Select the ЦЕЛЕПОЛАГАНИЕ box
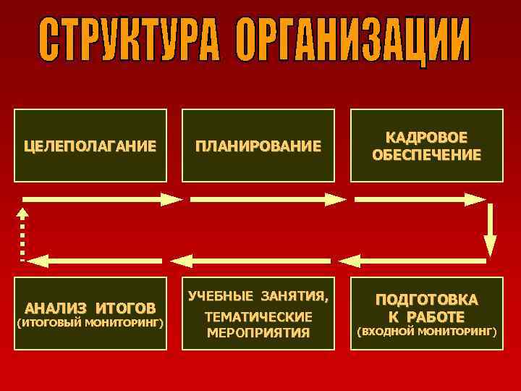click(90, 146)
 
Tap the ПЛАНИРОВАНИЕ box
click(258, 146)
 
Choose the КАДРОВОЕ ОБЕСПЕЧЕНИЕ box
click(426, 146)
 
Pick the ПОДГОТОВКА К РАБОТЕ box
click(426, 313)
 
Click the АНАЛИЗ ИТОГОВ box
click(90, 313)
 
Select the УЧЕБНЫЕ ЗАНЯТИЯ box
click(258, 313)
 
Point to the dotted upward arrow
click(23, 233)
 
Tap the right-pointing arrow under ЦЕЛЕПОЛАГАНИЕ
click(101, 198)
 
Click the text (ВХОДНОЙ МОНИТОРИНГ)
click(426, 332)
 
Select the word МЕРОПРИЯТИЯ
click(258, 333)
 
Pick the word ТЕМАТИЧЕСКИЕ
click(258, 317)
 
